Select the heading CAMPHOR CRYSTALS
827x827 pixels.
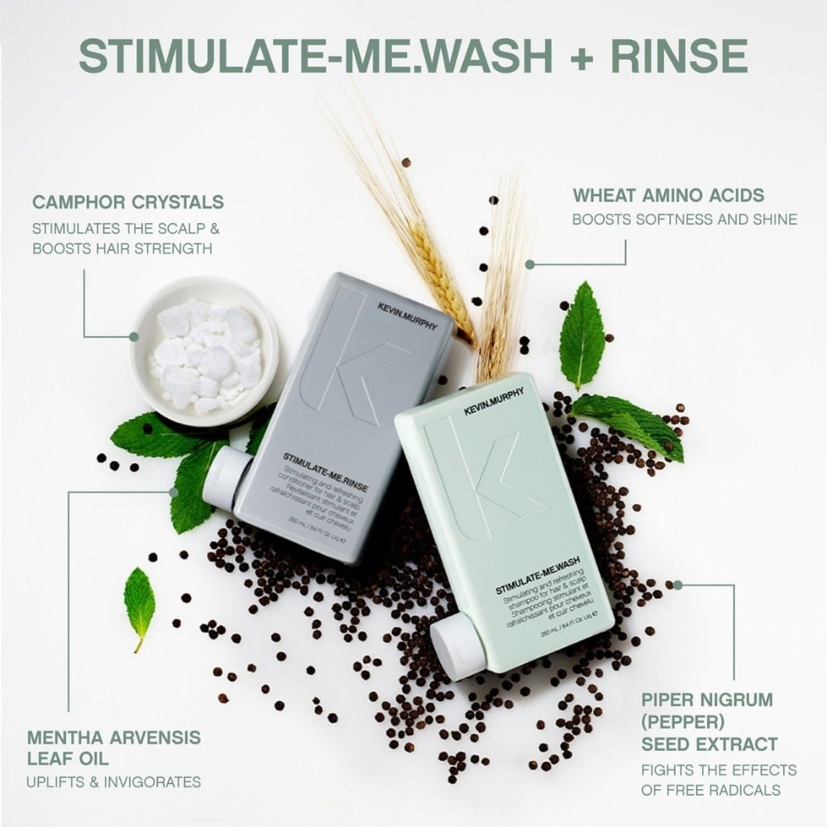(x=128, y=201)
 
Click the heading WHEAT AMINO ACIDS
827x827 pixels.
(x=668, y=195)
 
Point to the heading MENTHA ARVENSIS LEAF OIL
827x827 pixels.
(x=114, y=747)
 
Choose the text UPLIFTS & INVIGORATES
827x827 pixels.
(x=114, y=782)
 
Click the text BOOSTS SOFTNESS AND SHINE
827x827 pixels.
(x=685, y=220)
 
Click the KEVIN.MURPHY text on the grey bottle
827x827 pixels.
(x=407, y=315)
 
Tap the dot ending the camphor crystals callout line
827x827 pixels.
(x=133, y=337)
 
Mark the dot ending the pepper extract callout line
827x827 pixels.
(x=678, y=585)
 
